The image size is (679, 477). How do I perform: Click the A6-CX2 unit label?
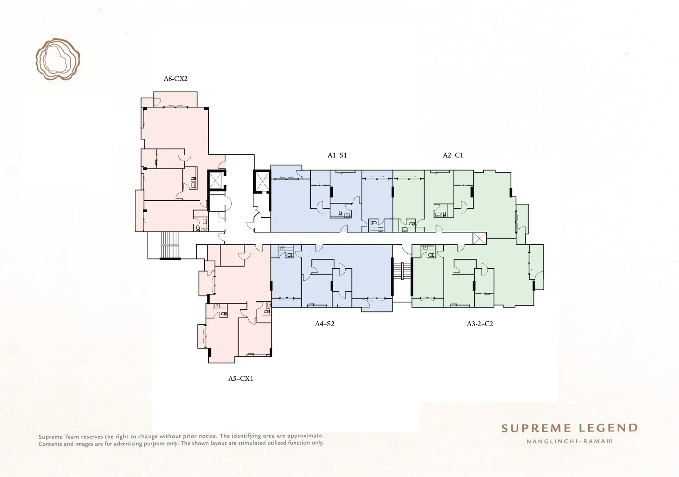click(x=175, y=79)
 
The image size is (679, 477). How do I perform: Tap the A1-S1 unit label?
click(x=337, y=155)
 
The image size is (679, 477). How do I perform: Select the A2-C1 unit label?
click(x=453, y=155)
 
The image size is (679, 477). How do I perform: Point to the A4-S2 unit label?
click(x=325, y=323)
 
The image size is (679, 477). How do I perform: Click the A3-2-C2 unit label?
click(x=480, y=323)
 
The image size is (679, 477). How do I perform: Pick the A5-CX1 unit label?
click(x=241, y=379)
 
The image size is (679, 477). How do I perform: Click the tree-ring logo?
click(x=57, y=59)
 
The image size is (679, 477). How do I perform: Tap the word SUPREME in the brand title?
click(x=536, y=428)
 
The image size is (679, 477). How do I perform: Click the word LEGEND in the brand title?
click(x=608, y=428)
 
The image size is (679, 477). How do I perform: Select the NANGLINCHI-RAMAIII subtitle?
click(x=570, y=441)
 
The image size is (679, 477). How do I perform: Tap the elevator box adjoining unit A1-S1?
click(x=262, y=181)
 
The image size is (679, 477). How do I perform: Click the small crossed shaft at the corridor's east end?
click(x=480, y=238)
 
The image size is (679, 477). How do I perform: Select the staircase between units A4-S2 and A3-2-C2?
click(x=402, y=271)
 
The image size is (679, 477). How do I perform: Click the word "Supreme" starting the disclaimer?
click(x=50, y=437)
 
